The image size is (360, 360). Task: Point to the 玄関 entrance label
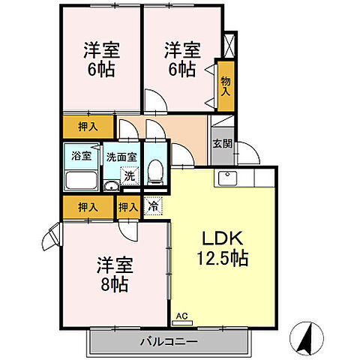[222, 144]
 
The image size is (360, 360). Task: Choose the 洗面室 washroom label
[120, 157]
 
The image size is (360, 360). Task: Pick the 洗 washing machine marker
[129, 177]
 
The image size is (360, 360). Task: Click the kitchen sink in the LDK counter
[229, 178]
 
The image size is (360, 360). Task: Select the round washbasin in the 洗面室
[109, 187]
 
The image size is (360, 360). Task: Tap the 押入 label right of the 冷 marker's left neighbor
[127, 206]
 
